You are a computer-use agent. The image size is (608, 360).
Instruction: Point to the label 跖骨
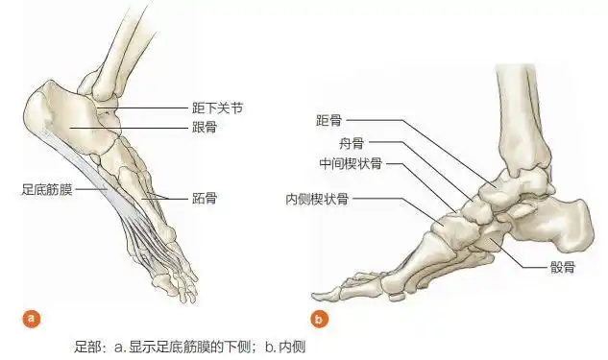203,199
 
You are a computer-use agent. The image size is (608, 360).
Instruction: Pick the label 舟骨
351,142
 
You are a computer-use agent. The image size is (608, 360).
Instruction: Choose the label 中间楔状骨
351,163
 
